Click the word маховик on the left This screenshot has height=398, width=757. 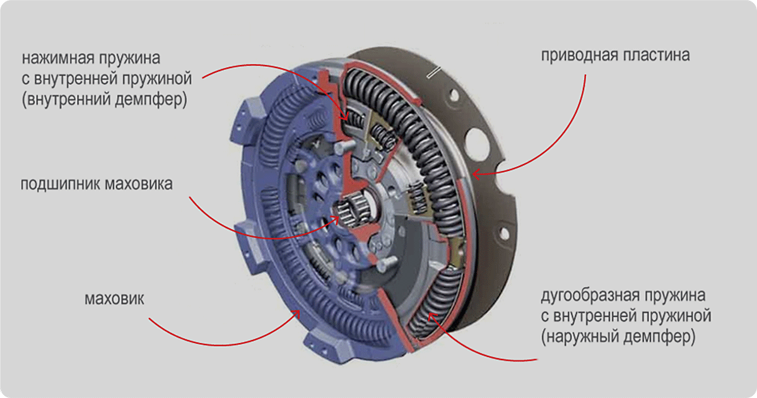coord(114,297)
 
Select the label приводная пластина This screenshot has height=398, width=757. coord(616,55)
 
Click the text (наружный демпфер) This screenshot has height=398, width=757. coord(618,337)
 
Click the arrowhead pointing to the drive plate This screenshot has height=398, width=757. coord(474,171)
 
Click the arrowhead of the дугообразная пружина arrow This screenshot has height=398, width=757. coord(429,315)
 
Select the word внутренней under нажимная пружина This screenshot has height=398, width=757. coord(85,79)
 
